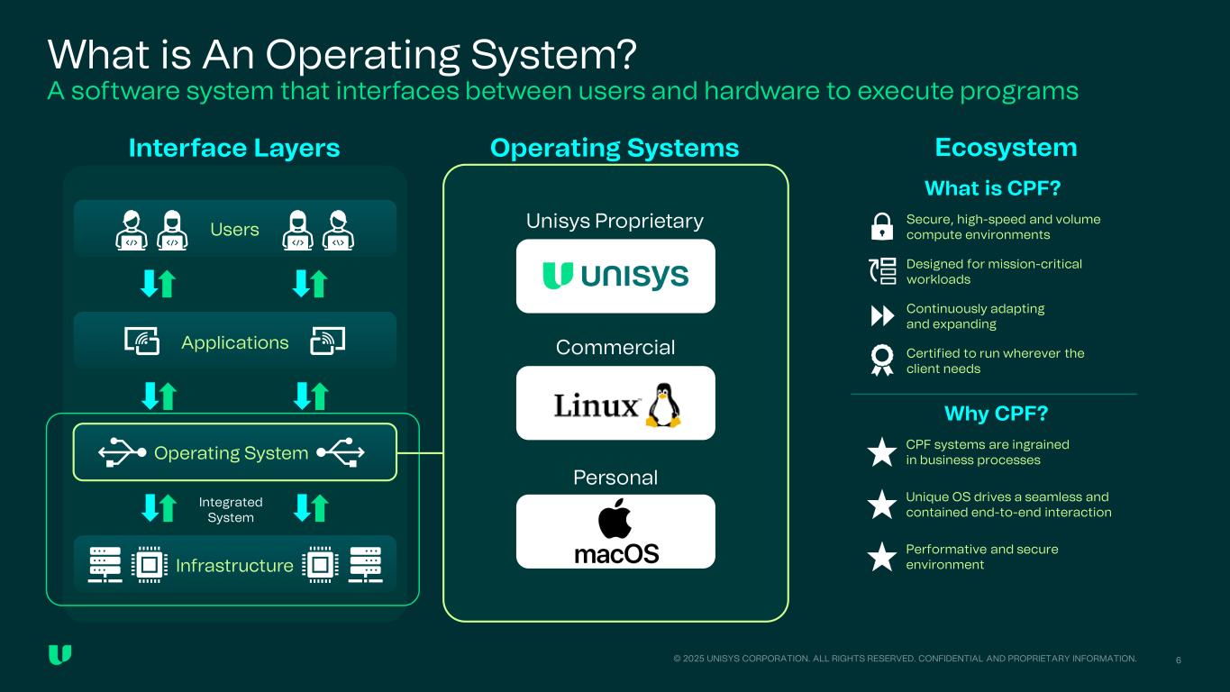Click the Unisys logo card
(615, 276)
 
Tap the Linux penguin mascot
(664, 405)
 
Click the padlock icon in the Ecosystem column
(883, 227)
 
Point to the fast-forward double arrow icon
(883, 316)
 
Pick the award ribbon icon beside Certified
(883, 360)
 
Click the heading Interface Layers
(234, 148)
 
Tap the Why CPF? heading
(996, 414)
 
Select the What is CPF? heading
(992, 188)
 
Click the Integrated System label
(231, 510)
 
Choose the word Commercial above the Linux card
(615, 348)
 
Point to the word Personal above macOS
(615, 478)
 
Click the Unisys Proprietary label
(615, 221)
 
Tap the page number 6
(1179, 660)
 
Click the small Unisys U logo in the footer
(59, 655)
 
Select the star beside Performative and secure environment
(881, 557)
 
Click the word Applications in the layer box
(234, 342)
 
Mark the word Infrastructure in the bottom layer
(234, 566)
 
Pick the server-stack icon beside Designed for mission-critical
(883, 271)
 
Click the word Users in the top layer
(234, 230)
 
